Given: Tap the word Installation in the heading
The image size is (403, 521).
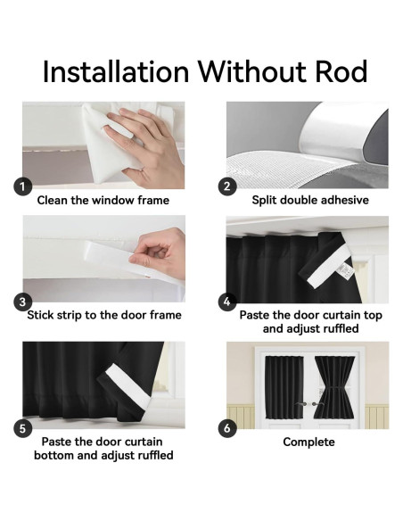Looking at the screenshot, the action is (116, 71).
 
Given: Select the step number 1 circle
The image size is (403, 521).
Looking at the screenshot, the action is (22, 186).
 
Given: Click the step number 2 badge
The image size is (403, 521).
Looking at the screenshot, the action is (227, 186).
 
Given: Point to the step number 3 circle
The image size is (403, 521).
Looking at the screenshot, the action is (22, 302).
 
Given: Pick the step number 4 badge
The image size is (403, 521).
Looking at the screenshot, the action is (227, 302).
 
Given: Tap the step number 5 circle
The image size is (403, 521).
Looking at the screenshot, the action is (22, 428).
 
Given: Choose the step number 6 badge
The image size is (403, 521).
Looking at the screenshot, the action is (227, 428).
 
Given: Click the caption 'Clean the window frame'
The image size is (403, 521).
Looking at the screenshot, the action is (103, 201).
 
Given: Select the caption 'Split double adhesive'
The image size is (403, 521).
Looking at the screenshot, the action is (310, 200).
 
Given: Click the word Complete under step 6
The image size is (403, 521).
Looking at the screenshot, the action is (308, 442).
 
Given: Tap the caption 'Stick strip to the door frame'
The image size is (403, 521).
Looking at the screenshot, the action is (104, 315).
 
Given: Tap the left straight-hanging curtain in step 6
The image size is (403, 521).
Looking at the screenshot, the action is (284, 387).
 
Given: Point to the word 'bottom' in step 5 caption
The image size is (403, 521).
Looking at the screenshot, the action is (54, 455).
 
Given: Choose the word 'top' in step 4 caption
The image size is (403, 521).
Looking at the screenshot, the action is (373, 315).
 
